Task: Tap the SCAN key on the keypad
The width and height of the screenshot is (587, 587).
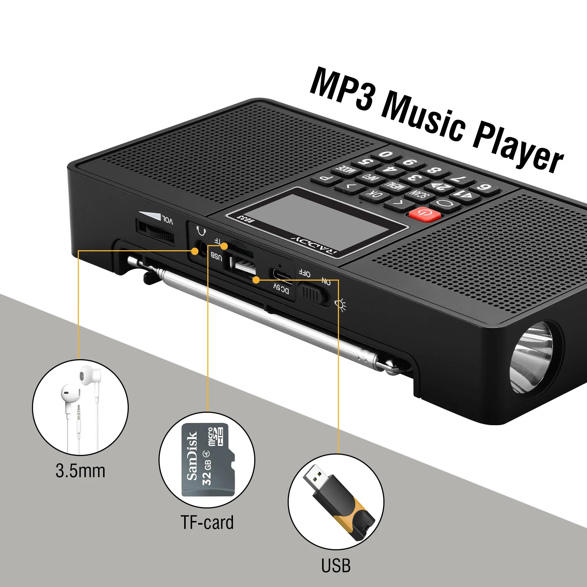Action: click(x=419, y=193)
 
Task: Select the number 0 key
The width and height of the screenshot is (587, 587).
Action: click(x=386, y=154)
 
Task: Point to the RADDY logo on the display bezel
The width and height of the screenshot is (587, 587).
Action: click(x=314, y=247)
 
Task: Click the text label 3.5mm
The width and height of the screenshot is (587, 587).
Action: click(x=80, y=471)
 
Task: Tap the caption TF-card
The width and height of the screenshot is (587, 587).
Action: click(x=207, y=522)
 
